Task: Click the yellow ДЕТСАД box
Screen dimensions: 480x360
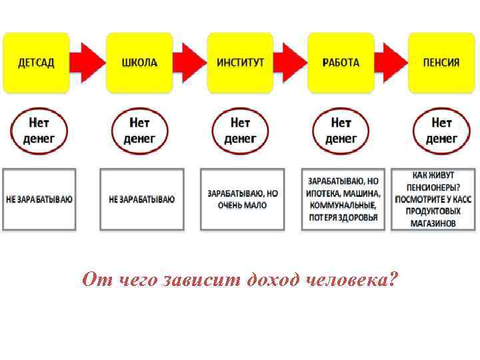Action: pos(36,63)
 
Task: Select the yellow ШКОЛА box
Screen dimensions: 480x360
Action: pos(139,63)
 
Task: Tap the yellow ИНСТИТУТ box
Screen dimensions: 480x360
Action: pos(240,63)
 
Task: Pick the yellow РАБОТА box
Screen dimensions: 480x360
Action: pos(341,63)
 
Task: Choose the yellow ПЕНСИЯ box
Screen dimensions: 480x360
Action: pos(441,63)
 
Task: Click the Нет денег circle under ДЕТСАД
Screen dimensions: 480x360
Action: pos(38,131)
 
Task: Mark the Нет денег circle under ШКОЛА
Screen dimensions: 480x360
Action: pos(139,131)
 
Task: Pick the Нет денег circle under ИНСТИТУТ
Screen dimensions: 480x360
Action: pos(240,131)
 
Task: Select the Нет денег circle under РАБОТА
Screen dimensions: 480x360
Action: pos(341,131)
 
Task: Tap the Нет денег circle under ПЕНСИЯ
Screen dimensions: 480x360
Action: pos(441,131)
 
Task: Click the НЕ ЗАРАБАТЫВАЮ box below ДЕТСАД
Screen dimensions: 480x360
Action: pos(39,199)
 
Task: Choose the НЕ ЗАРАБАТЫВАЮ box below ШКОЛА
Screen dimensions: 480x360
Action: pos(141,199)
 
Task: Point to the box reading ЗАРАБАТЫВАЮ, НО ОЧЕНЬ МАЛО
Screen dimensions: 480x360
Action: pos(242,199)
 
